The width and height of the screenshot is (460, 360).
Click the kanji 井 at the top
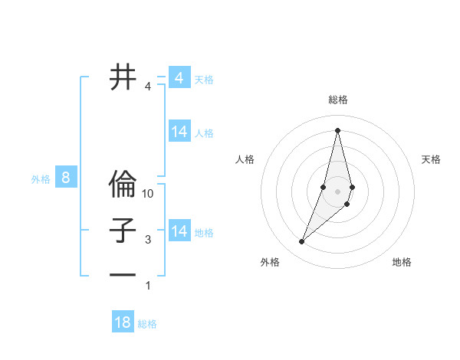click(x=123, y=77)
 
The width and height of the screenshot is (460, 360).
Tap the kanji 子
click(x=123, y=231)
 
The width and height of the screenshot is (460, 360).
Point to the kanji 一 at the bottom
click(x=123, y=275)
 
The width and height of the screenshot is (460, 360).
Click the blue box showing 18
click(x=123, y=322)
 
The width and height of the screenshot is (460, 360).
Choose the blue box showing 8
click(x=66, y=178)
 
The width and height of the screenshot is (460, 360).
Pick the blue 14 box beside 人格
click(x=179, y=132)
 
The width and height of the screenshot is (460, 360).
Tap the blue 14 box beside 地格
click(x=179, y=231)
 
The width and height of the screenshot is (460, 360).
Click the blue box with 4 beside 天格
click(x=179, y=78)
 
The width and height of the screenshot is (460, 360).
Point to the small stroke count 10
click(x=149, y=194)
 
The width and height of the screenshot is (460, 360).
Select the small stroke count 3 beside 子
click(x=148, y=240)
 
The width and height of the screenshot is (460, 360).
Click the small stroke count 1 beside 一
click(x=148, y=286)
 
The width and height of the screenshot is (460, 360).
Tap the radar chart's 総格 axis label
click(x=338, y=100)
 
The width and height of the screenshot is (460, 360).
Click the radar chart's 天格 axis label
click(x=431, y=159)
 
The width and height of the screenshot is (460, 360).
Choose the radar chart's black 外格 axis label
click(x=269, y=262)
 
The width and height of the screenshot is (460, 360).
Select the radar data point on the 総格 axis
click(x=338, y=129)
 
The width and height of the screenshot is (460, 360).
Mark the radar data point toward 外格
click(x=302, y=242)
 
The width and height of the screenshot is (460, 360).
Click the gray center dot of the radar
click(x=338, y=191)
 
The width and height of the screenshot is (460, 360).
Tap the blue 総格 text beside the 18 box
click(x=147, y=324)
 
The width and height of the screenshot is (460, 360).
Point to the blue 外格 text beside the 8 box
click(x=41, y=179)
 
